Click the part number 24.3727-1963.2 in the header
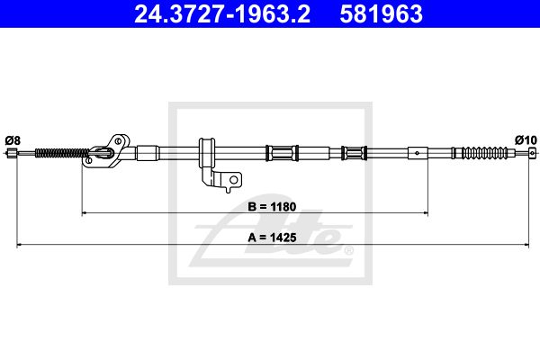coord(222,13)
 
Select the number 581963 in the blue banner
coord(381,13)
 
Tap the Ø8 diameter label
coord(13,140)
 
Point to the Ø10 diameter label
coord(526,140)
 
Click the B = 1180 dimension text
coord(272,207)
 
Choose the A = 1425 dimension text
coord(272,238)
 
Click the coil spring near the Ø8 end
coord(63,153)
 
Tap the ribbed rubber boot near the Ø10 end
coord(484,153)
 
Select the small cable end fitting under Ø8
coord(12,152)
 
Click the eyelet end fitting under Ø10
coord(533,152)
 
